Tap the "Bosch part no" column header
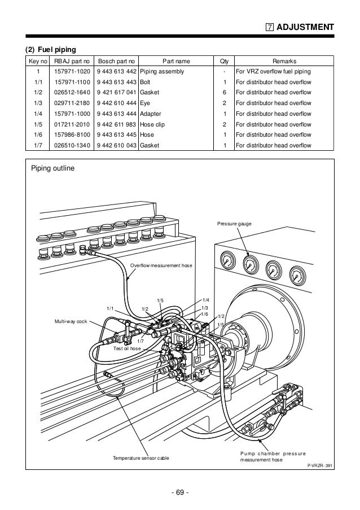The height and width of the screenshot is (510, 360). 116,61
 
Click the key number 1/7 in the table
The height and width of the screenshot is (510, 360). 38,145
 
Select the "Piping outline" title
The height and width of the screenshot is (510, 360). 52,168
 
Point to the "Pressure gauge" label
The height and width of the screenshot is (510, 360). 234,224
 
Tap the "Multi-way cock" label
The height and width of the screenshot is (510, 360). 69,321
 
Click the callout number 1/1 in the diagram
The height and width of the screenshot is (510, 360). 111,308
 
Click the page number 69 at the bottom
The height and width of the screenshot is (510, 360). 180,494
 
